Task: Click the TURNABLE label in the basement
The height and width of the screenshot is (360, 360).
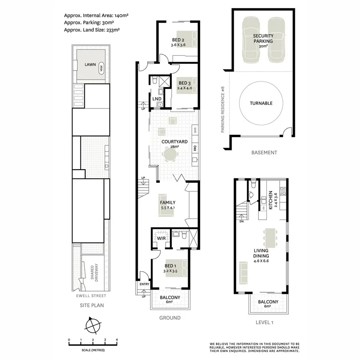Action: click(261, 103)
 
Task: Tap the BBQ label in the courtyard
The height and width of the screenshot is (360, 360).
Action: click(195, 148)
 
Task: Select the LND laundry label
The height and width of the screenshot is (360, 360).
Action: click(156, 98)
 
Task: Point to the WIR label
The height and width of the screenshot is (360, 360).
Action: click(161, 238)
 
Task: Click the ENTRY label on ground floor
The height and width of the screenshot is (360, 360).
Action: click(144, 284)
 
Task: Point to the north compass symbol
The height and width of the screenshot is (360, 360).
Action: click(92, 325)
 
